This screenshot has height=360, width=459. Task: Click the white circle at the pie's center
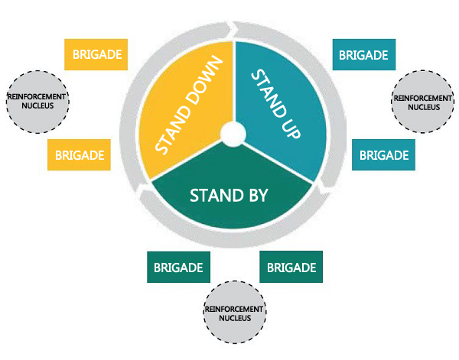click(231, 134)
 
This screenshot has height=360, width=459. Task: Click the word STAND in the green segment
click(215, 194)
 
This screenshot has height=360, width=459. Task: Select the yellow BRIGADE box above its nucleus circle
click(96, 54)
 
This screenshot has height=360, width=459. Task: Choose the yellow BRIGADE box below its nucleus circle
click(79, 154)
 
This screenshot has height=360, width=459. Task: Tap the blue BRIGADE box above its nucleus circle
click(364, 55)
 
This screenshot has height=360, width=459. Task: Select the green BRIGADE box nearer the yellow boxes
click(178, 268)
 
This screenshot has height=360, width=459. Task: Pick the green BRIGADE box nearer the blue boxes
click(291, 268)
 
